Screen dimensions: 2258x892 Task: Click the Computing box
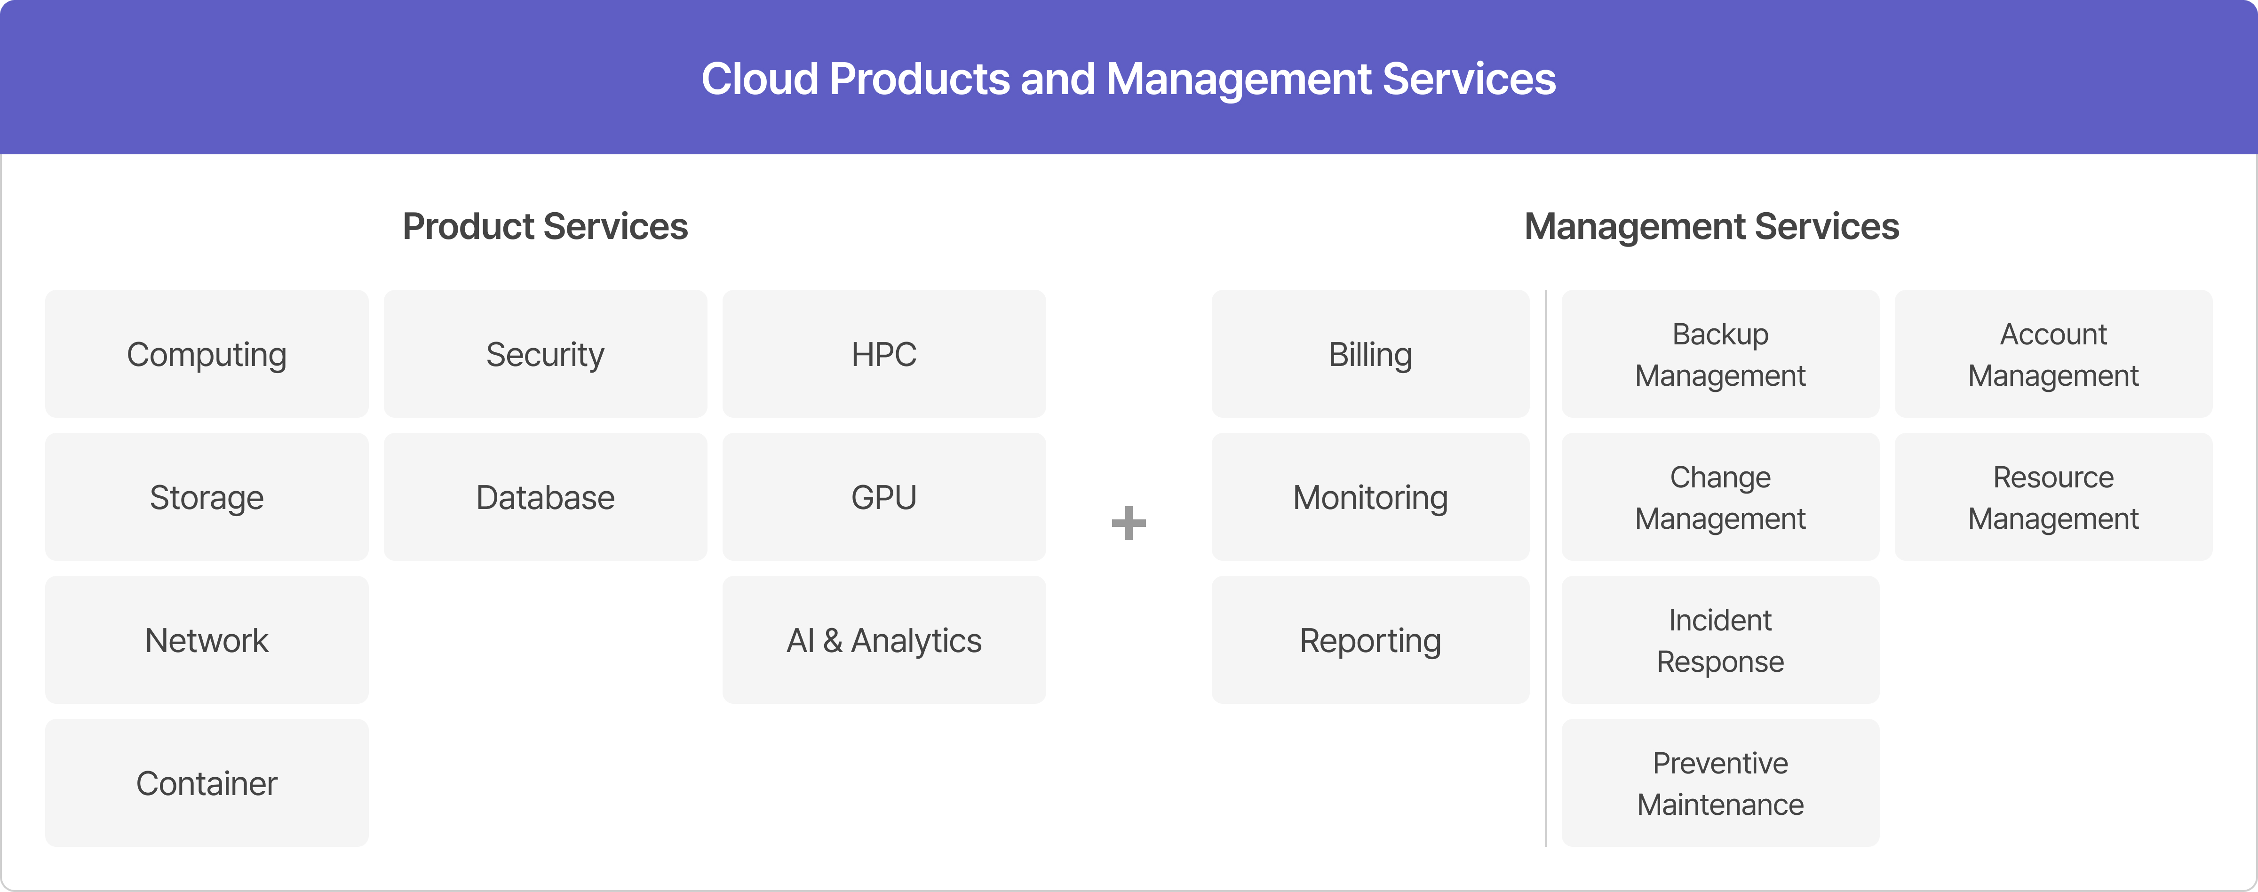207,354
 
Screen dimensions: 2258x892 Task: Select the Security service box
545,354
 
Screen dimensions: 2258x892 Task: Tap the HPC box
883,354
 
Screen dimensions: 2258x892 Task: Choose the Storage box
207,497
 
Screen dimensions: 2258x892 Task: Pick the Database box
545,497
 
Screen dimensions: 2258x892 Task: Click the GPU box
883,497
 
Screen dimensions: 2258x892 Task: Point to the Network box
207,640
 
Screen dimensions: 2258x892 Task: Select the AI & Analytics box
883,640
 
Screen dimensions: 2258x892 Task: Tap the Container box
207,782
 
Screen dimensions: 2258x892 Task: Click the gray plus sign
1128,523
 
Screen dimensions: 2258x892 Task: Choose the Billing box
1370,354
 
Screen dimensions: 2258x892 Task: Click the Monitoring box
1370,497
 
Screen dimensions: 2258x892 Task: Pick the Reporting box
1370,640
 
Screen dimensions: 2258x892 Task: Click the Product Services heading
545,226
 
